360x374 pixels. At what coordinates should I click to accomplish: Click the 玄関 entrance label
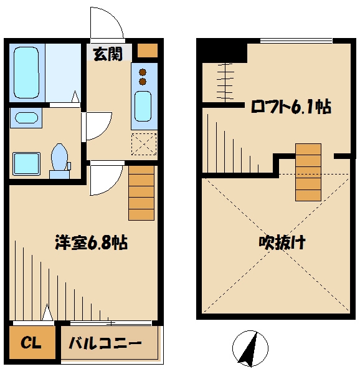108,54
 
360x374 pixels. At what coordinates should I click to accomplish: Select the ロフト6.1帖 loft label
290,107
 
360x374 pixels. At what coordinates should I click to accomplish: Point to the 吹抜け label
282,242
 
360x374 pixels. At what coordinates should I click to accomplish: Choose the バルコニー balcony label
105,343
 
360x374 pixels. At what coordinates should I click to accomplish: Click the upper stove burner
143,70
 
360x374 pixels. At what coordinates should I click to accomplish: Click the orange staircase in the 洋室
141,193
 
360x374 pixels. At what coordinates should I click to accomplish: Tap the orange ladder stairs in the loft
308,172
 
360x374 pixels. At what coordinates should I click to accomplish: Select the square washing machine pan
27,163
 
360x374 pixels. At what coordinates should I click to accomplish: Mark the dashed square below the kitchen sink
144,145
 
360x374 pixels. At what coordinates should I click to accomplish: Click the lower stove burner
143,81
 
